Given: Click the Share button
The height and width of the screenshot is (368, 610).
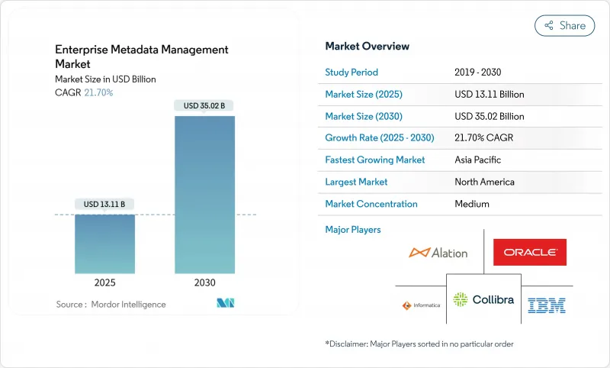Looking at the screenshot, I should coord(564,25).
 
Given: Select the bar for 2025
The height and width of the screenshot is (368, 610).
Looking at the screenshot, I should coord(104,244).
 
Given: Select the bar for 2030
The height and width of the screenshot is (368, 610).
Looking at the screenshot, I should coord(204,195).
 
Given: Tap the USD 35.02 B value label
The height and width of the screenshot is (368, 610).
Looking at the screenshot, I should coord(204,105).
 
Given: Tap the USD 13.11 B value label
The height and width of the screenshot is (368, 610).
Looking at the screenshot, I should coord(104,204).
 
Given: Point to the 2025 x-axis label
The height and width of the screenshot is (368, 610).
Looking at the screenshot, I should coord(104,282).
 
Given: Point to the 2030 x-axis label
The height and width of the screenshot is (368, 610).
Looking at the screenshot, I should coord(204,282).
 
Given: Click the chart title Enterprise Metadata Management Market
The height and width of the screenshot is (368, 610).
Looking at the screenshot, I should coord(141,56).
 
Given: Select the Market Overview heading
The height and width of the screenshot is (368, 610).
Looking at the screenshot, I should coord(367,47).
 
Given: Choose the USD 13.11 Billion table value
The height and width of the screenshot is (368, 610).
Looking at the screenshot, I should coord(489,95).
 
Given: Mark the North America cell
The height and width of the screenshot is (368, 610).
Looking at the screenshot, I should coord(484,182).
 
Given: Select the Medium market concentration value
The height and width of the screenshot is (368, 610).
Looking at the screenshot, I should coord(471,204).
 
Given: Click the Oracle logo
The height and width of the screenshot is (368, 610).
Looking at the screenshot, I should coord(529,252).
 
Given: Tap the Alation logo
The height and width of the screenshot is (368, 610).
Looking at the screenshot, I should coord(438,252).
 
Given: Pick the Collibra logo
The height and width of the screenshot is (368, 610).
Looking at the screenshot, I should coord(483,299).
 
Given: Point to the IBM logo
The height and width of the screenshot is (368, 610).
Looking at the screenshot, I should coord(546,305).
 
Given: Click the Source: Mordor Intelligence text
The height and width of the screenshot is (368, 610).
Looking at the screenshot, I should coord(111,305).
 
